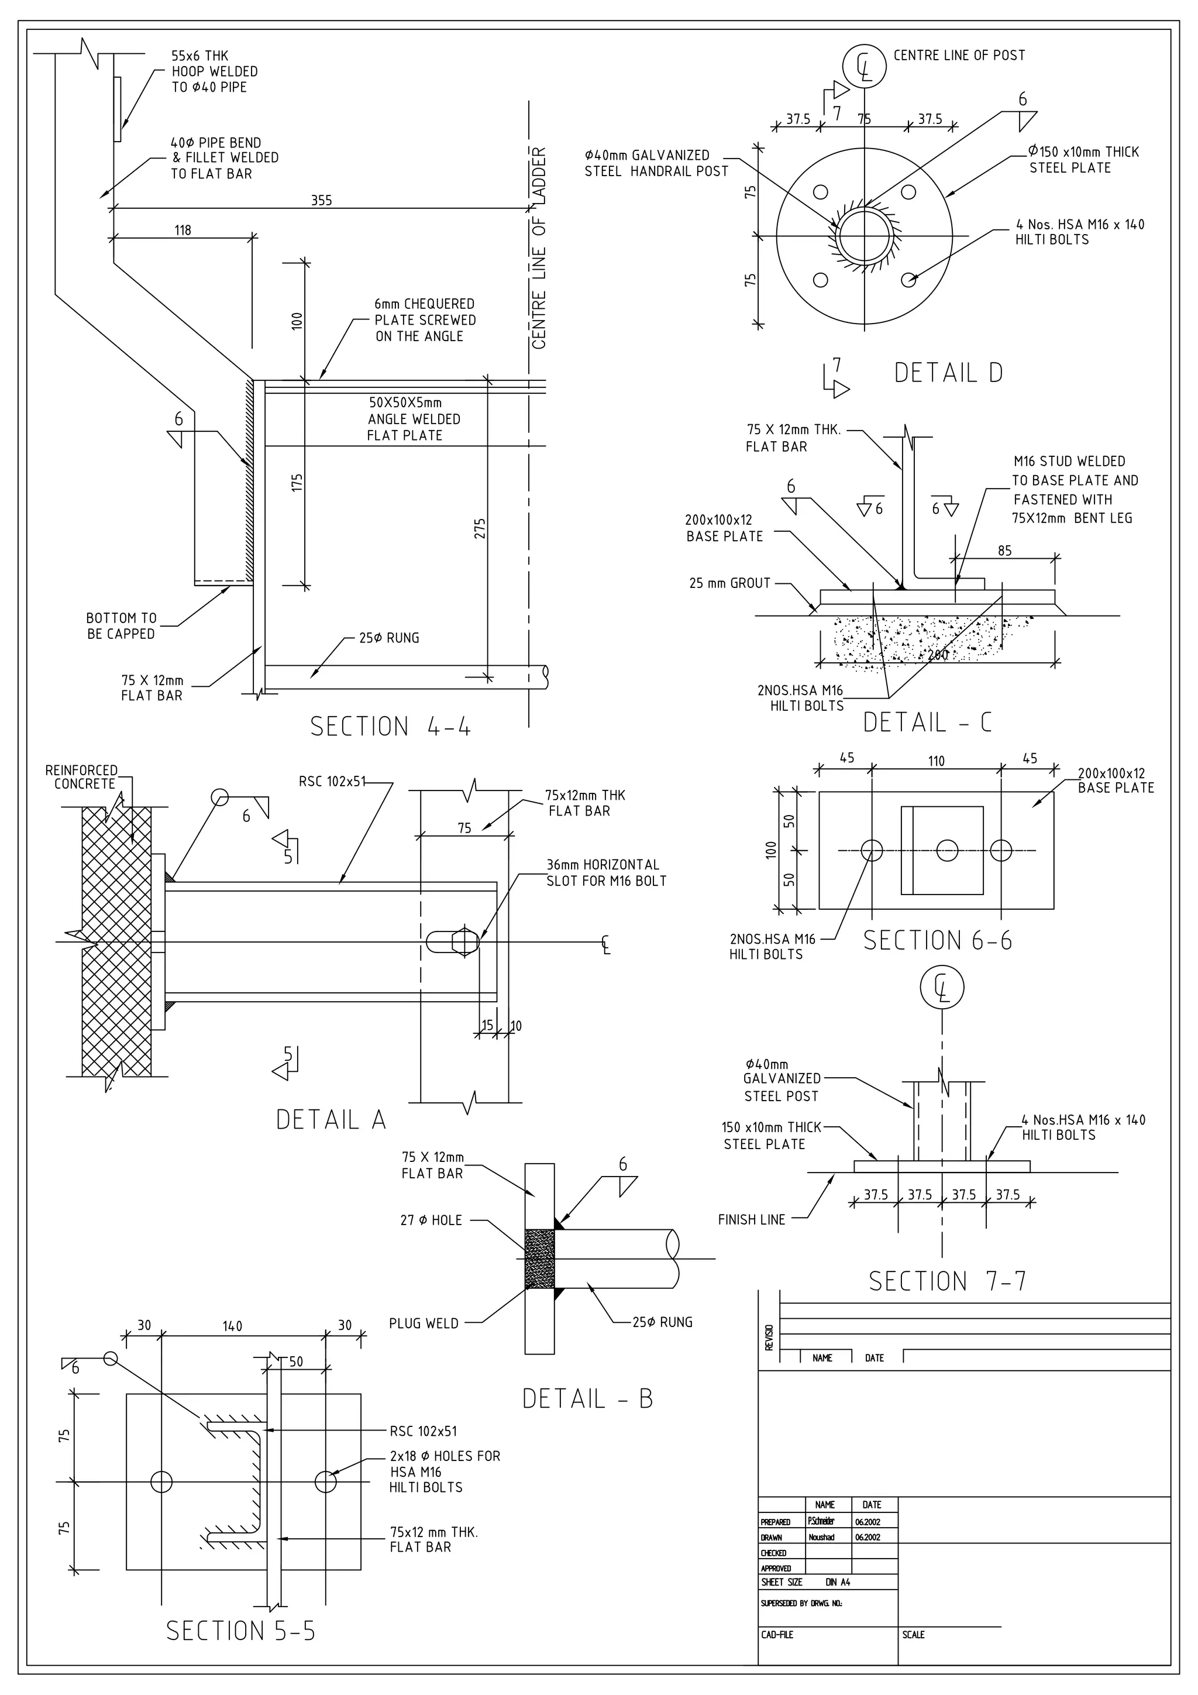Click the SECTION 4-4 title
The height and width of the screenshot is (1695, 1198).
coord(390,727)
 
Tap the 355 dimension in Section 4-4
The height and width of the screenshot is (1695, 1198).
coord(321,201)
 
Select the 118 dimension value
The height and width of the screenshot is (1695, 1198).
coord(183,231)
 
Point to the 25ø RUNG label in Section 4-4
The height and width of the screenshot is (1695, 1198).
coord(389,638)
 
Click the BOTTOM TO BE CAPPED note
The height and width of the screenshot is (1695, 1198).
coord(121,626)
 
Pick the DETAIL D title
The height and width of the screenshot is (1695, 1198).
coord(948,373)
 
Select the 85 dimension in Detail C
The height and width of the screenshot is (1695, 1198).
coord(1004,551)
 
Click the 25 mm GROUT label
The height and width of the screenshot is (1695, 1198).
coord(729,583)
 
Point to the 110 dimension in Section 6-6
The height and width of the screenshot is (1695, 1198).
coord(936,761)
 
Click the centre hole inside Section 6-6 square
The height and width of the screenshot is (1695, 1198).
coord(947,851)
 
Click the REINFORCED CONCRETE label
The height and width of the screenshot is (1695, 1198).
coord(82,776)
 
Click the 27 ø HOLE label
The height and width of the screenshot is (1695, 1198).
coord(431,1220)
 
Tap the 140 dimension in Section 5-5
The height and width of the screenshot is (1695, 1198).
coord(232,1326)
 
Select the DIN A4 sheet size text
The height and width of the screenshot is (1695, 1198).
coord(838,1582)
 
